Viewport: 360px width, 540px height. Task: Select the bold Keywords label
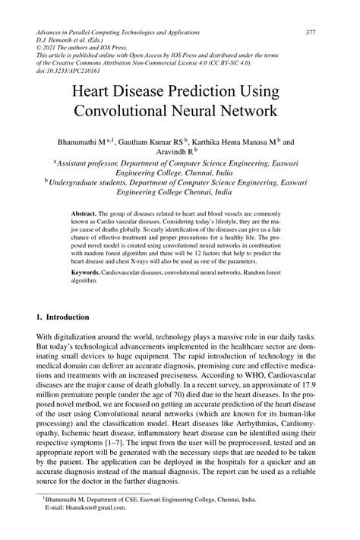click(86, 271)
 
